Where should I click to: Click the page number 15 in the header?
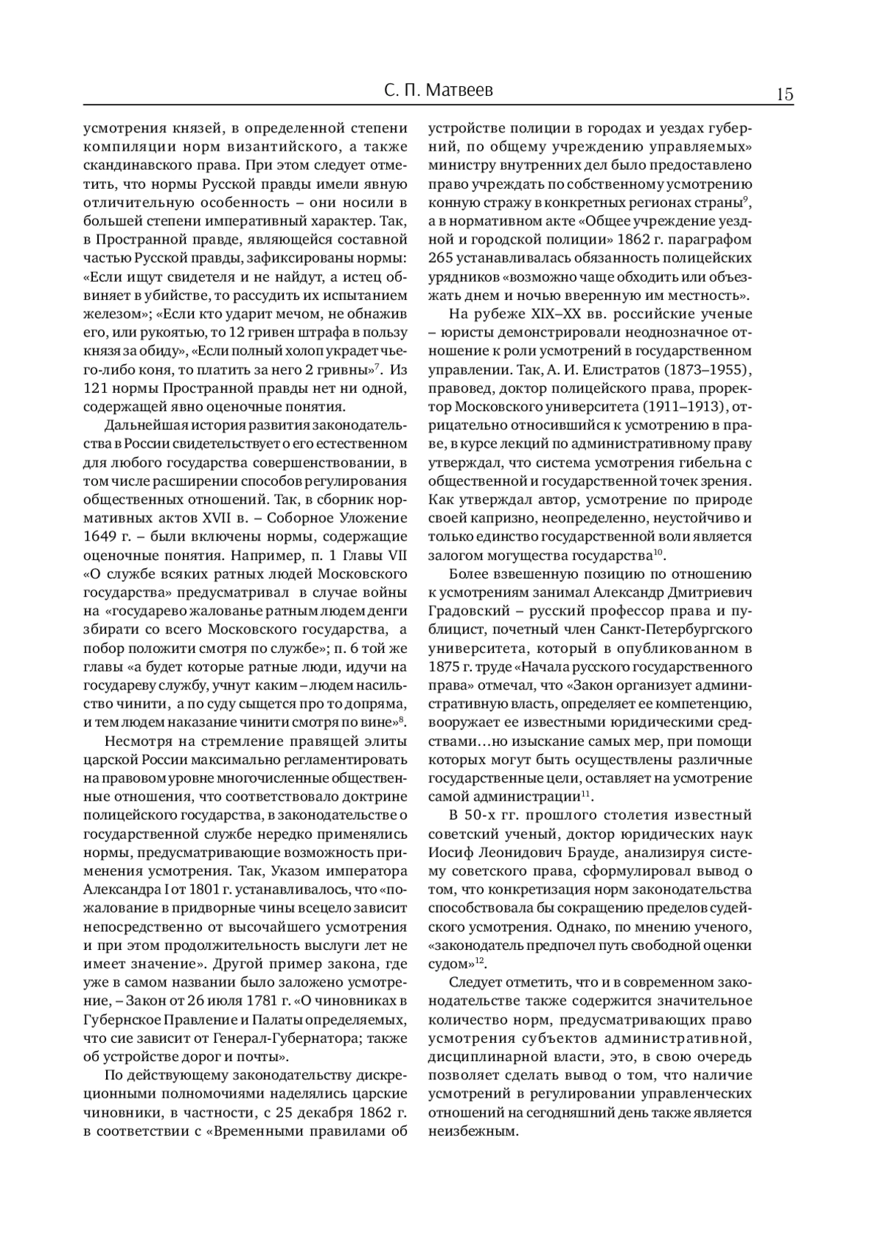(x=784, y=94)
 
